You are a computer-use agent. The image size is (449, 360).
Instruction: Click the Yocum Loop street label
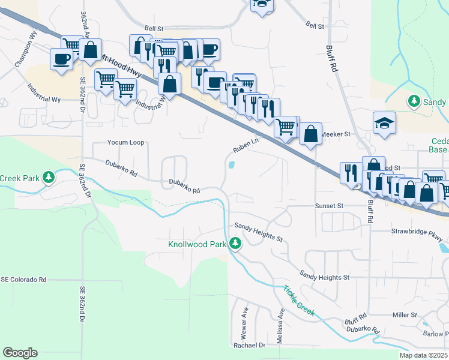[x=125, y=143]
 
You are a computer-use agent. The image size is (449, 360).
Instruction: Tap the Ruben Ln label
[x=246, y=146]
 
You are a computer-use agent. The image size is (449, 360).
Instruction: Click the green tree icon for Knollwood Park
[x=237, y=244]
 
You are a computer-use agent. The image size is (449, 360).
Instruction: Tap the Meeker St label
[x=336, y=134]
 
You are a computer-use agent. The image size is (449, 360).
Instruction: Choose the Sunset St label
[x=329, y=205]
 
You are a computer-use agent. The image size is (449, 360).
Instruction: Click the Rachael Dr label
[x=249, y=346]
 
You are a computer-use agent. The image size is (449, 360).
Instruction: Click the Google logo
[x=20, y=353]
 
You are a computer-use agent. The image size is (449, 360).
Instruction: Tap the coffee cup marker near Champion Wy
[x=62, y=59]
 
